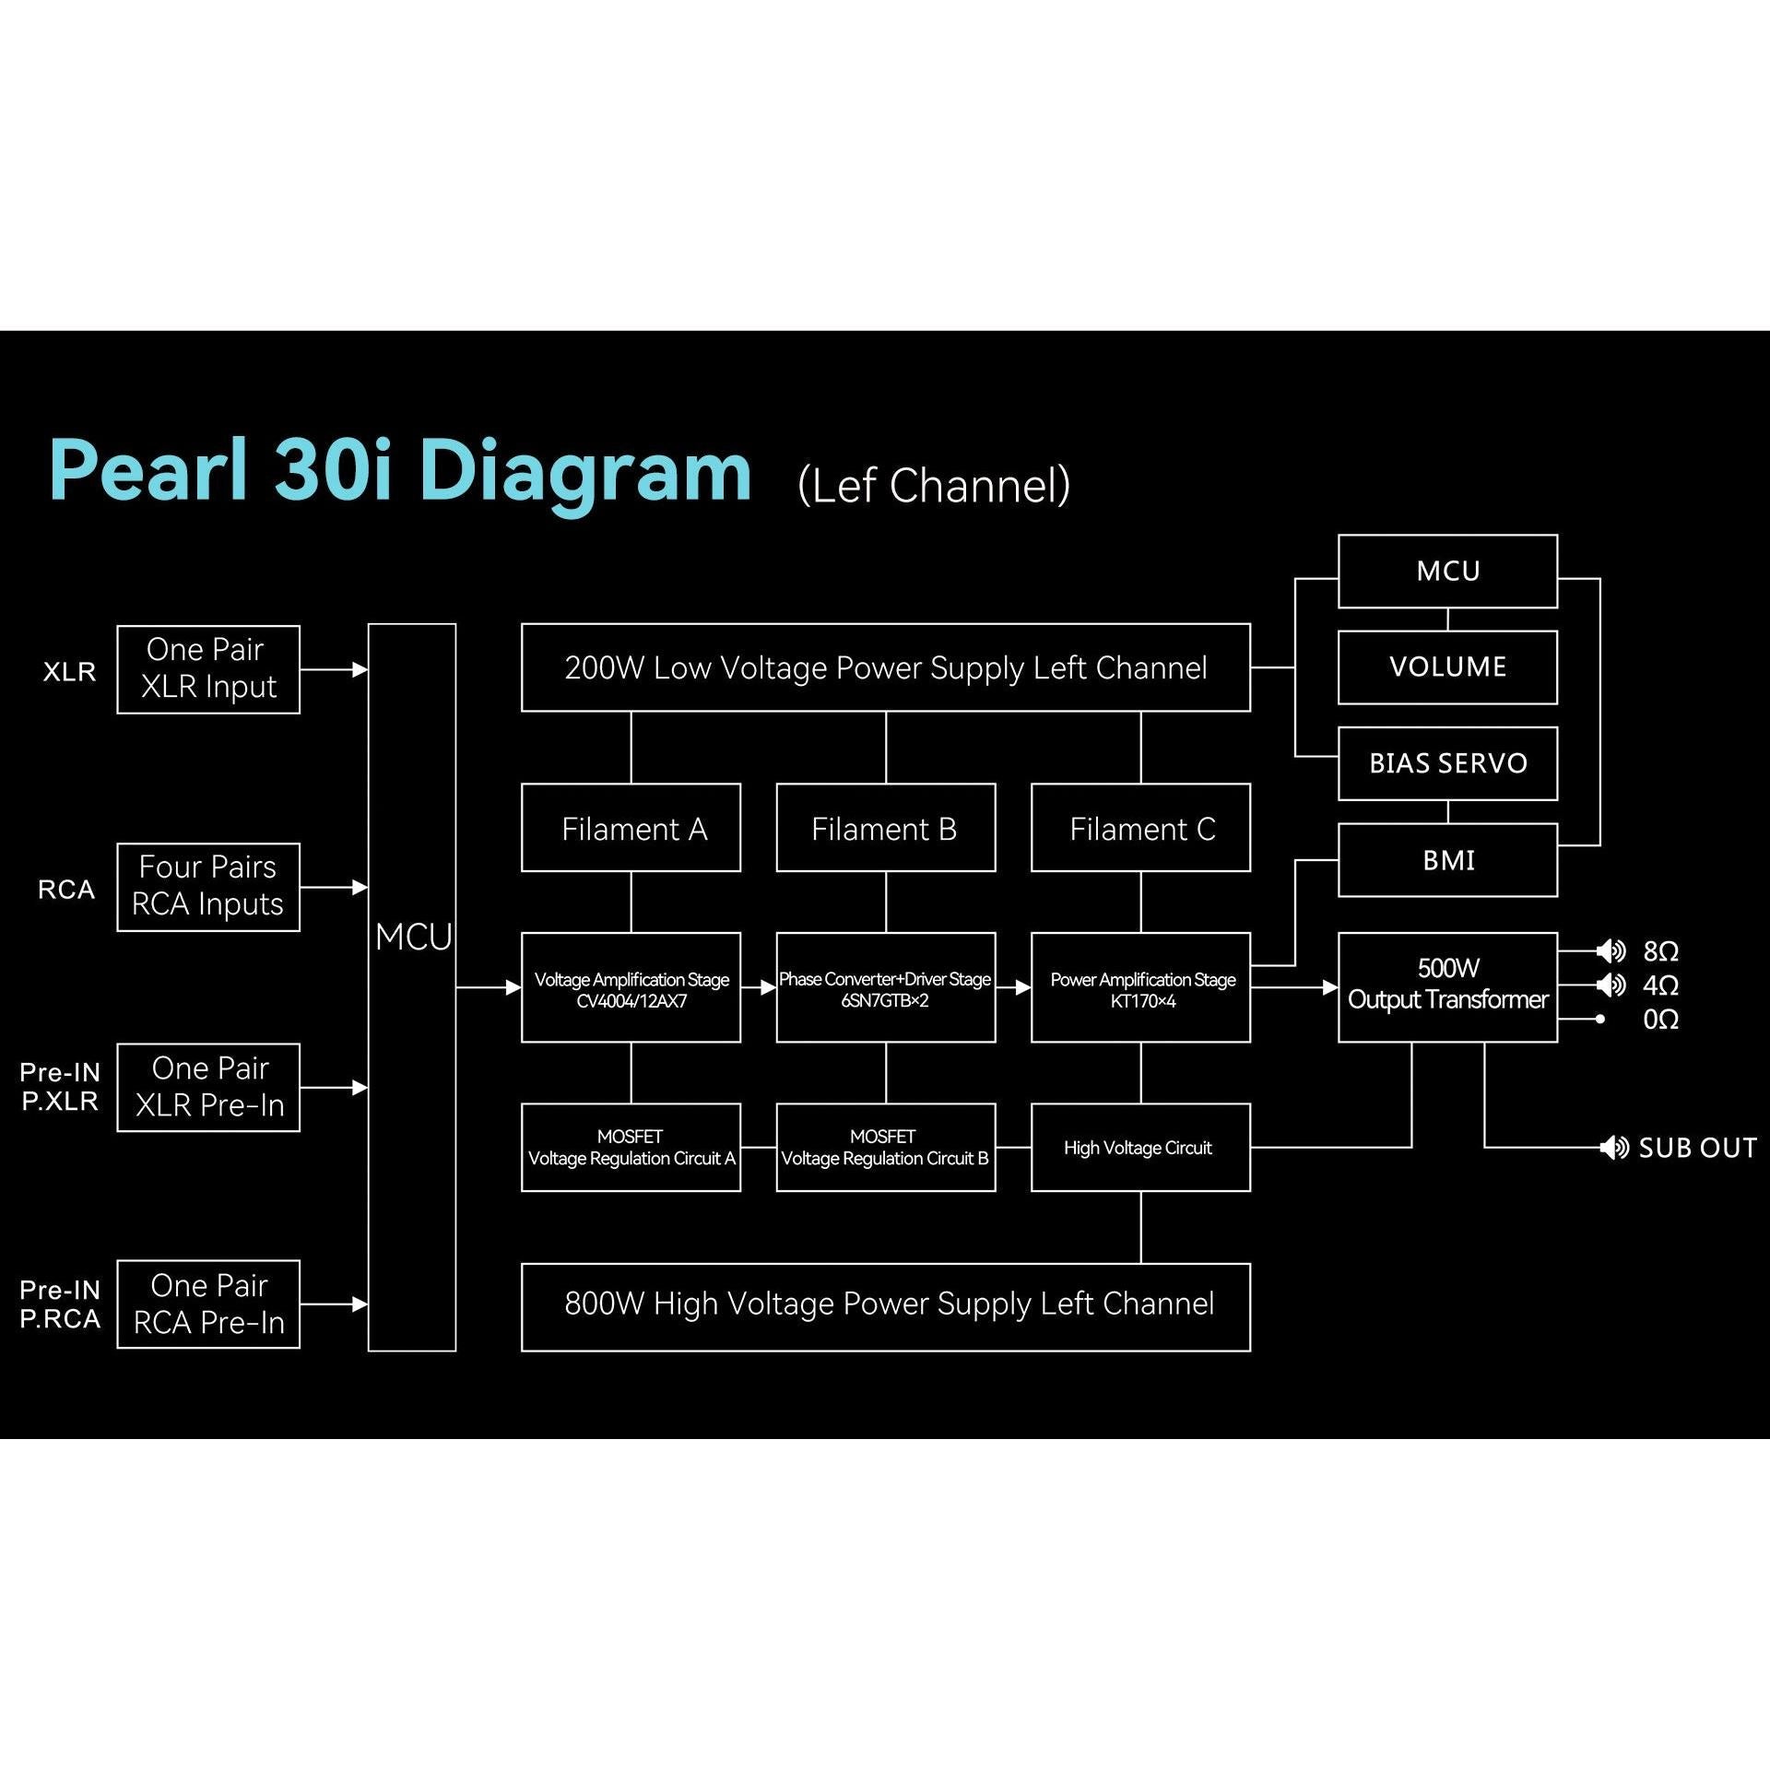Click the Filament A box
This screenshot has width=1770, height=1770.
point(631,828)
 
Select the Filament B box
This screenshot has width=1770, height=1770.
point(885,828)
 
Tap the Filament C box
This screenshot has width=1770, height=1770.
point(1140,828)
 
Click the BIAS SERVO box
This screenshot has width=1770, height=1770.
point(1447,763)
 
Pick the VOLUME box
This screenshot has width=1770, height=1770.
point(1447,667)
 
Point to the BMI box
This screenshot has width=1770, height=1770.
point(1447,860)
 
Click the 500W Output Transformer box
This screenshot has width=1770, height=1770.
point(1447,987)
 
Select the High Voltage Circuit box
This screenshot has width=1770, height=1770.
point(1140,1148)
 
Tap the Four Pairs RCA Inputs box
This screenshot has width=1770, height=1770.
point(208,887)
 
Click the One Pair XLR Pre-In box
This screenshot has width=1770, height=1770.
point(208,1087)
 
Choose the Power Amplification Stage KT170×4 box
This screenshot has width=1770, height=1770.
point(1140,987)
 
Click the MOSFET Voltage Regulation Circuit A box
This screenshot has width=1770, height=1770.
point(631,1148)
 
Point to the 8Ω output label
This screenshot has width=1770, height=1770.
point(1660,951)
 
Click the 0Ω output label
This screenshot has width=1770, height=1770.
point(1660,1020)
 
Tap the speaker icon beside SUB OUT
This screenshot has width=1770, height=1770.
point(1614,1148)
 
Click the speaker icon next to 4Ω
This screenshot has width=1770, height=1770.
point(1611,985)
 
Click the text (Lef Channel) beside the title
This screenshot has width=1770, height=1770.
point(934,486)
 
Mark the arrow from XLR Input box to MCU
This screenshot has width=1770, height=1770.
point(334,669)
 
